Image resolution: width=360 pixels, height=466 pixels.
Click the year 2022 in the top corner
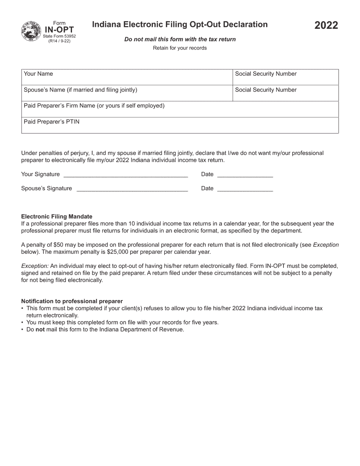click(x=326, y=26)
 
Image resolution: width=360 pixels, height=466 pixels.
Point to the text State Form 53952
click(x=59, y=36)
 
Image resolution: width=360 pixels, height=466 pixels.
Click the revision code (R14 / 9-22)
click(x=59, y=41)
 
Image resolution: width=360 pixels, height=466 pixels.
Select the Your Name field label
click(x=38, y=74)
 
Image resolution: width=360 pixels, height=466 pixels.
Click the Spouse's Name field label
click(x=80, y=90)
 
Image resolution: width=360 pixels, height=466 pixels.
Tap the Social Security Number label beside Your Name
click(x=266, y=74)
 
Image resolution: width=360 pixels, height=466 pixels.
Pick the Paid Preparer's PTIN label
click(x=52, y=122)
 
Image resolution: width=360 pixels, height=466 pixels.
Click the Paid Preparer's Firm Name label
click(x=94, y=106)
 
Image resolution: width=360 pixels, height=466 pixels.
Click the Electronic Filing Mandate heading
click(x=57, y=217)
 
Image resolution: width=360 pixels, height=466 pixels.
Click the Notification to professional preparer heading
click(x=72, y=301)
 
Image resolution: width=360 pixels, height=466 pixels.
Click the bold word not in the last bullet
click(x=40, y=330)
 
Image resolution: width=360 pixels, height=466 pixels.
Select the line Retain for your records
click(x=180, y=48)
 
